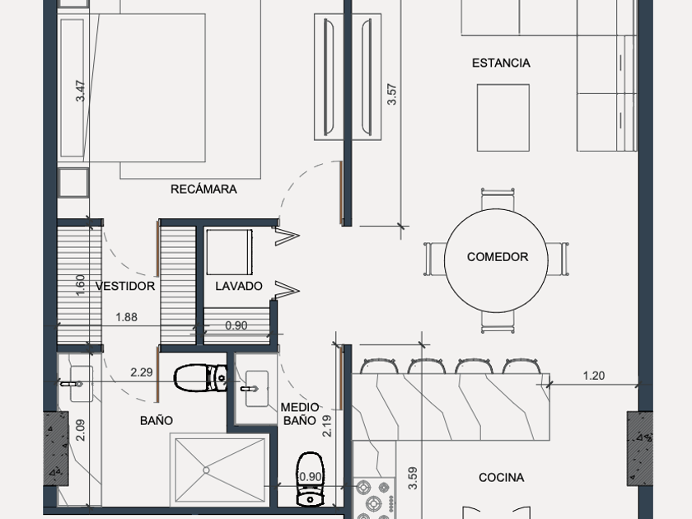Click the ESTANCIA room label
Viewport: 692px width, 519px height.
click(501, 63)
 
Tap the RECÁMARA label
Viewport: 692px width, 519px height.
click(203, 189)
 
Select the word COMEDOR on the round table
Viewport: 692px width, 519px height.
click(498, 257)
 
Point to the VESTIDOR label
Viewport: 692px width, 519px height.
click(125, 286)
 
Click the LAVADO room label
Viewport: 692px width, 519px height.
click(239, 286)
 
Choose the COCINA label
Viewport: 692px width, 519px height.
click(502, 478)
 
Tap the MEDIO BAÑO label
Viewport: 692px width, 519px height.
click(300, 414)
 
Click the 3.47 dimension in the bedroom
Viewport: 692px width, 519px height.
click(80, 91)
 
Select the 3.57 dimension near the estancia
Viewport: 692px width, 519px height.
click(391, 95)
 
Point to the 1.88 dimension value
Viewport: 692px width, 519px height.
click(126, 317)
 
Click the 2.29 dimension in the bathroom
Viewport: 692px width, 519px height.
click(141, 372)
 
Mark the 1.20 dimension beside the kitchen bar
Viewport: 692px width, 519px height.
click(594, 376)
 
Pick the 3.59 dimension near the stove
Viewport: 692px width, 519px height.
click(413, 479)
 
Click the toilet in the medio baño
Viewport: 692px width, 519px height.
click(311, 479)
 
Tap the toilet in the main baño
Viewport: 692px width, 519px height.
click(200, 378)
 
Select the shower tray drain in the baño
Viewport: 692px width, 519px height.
click(206, 470)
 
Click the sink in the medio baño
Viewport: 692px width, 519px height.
click(256, 388)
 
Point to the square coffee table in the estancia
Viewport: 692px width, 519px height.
click(503, 118)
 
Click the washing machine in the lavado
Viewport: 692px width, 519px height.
click(229, 252)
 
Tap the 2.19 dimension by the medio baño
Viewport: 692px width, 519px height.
click(327, 426)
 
